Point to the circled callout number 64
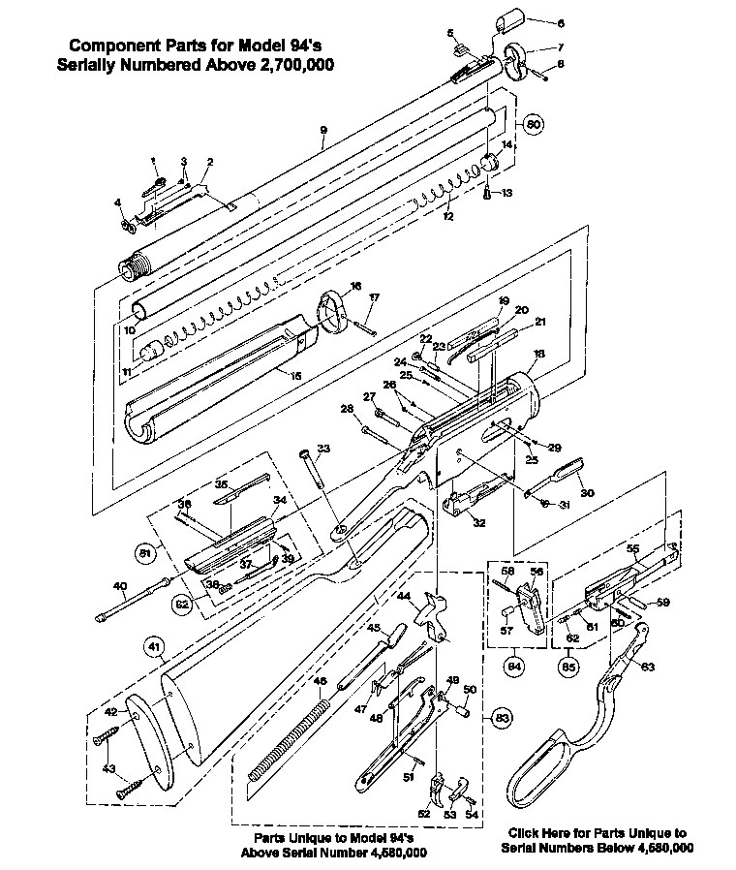pyautogui.click(x=514, y=666)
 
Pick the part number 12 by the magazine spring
pyautogui.click(x=447, y=217)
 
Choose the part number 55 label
pyautogui.click(x=634, y=548)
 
